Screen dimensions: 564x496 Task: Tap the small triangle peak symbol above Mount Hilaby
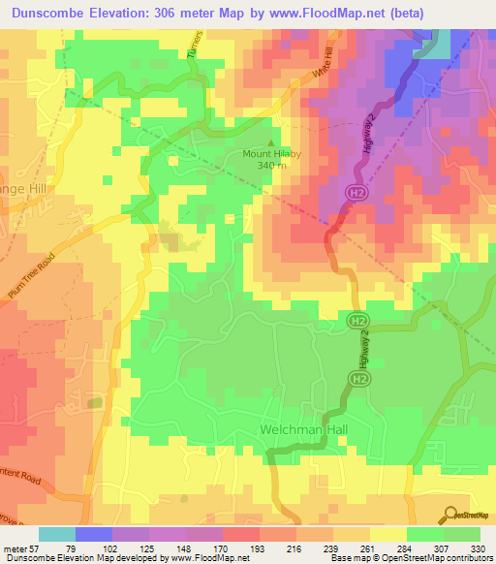(x=270, y=141)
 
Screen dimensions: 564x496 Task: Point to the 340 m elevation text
(x=272, y=165)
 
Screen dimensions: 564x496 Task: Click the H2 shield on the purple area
(x=355, y=195)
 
